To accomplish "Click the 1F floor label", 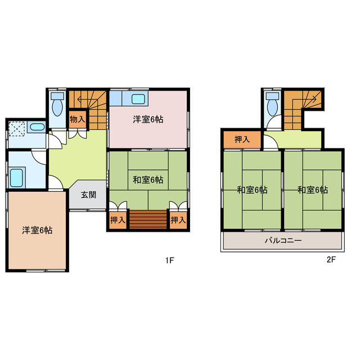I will [x=169, y=260].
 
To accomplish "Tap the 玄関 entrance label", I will [x=88, y=195].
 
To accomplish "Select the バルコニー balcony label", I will [x=283, y=241].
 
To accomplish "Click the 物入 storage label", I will [x=77, y=119].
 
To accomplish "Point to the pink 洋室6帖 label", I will [x=148, y=119].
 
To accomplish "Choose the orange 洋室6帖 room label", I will [x=37, y=230].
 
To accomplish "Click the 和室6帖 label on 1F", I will [x=148, y=180].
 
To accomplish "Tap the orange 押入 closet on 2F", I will [x=242, y=139].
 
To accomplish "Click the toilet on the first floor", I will [x=57, y=106].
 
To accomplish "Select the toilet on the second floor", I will [x=273, y=106].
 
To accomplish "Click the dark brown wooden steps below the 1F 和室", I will [x=148, y=219].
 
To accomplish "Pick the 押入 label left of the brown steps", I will [x=117, y=220].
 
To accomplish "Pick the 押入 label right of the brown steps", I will [x=178, y=220].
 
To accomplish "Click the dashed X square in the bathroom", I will [x=18, y=129].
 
